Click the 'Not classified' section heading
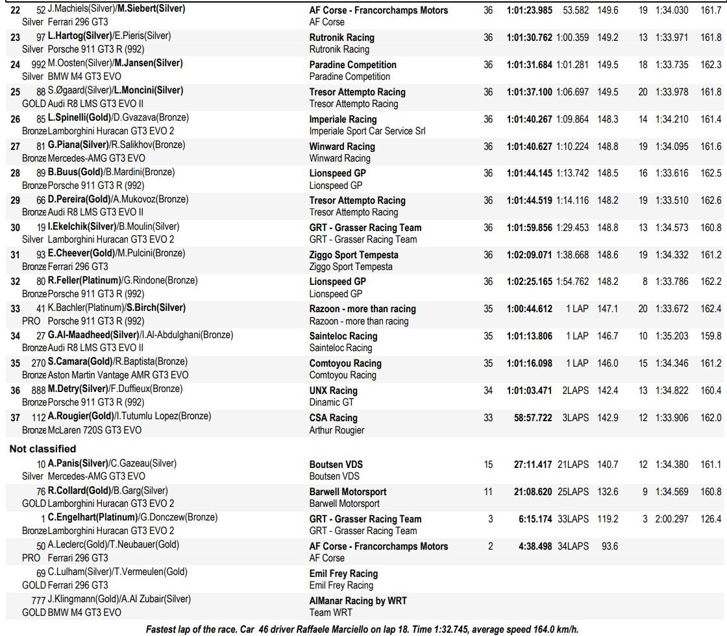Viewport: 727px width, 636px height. tap(42, 448)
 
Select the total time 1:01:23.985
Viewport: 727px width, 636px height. tap(529, 10)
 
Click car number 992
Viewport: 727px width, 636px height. tap(38, 64)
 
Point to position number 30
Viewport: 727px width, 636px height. tap(16, 228)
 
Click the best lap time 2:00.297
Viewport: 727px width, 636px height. tap(671, 519)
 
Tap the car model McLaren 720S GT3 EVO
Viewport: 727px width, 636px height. tap(95, 430)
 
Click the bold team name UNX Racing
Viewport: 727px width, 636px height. tap(333, 391)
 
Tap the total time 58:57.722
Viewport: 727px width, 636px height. tap(533, 418)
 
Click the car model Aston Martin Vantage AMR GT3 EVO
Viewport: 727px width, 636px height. tap(118, 375)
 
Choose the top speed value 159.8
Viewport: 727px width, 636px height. tap(711, 336)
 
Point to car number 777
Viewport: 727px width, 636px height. tap(38, 599)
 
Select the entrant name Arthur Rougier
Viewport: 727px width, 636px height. tap(337, 430)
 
